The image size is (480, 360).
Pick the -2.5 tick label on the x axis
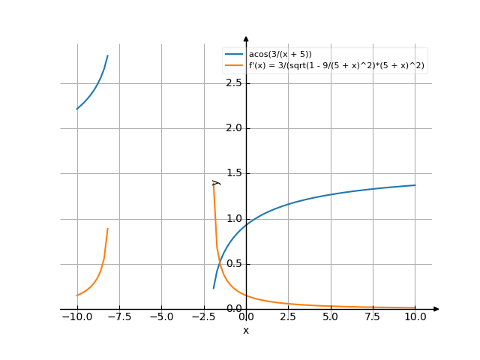pyautogui.click(x=203, y=317)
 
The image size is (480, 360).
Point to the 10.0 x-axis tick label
pyautogui.click(x=415, y=317)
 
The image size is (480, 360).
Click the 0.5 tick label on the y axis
pyautogui.click(x=234, y=264)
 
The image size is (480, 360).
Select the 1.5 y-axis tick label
pyautogui.click(x=234, y=173)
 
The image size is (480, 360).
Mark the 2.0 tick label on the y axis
pyautogui.click(x=234, y=128)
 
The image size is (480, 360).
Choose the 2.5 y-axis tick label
pyautogui.click(x=234, y=82)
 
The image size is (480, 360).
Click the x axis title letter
pyautogui.click(x=246, y=330)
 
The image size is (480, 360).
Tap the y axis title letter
pyautogui.click(x=216, y=181)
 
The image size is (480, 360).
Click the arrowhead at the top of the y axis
pyautogui.click(x=246, y=37)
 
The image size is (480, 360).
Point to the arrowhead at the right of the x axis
pyautogui.click(x=436, y=309)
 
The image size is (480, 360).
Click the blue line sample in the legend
pyautogui.click(x=235, y=55)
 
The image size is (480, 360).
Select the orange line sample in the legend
pyautogui.click(x=235, y=65)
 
